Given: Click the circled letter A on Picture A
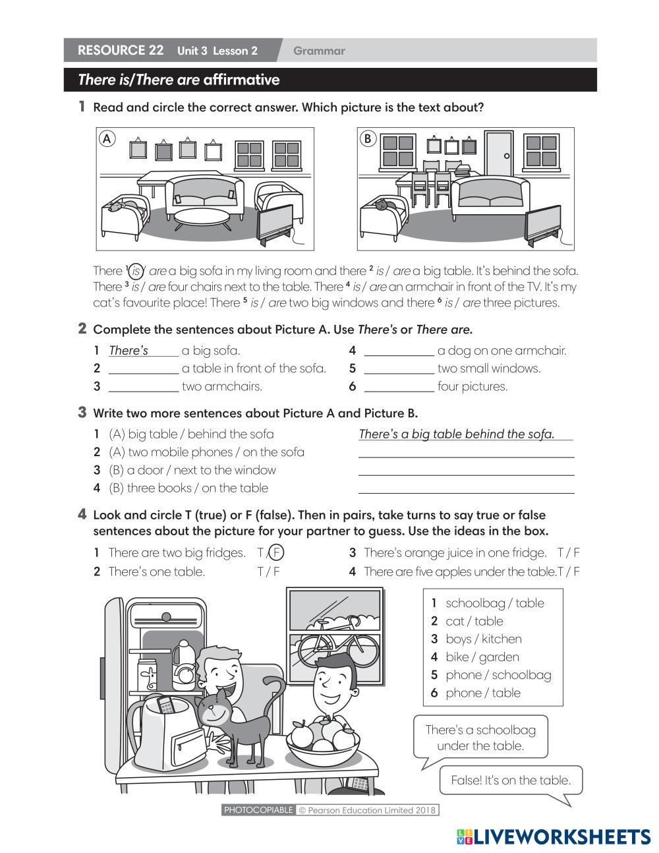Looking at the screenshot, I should [107, 138].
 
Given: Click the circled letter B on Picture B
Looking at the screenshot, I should [368, 138].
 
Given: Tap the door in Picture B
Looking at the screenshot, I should [499, 153].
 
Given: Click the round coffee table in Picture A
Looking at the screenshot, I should [202, 217].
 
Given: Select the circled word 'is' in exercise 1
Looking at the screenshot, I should [136, 271].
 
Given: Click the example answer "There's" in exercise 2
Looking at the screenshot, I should [129, 351].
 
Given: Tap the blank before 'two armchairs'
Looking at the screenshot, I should [143, 387].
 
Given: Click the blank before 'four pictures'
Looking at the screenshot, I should [399, 387].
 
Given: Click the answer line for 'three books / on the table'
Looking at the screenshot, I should [466, 488].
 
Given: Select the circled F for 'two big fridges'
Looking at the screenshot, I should [277, 553].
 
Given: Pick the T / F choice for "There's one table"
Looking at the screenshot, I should [268, 572].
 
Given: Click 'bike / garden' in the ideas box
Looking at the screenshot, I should [482, 657].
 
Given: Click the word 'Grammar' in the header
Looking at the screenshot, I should [319, 51].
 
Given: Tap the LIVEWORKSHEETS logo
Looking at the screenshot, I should [554, 837].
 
